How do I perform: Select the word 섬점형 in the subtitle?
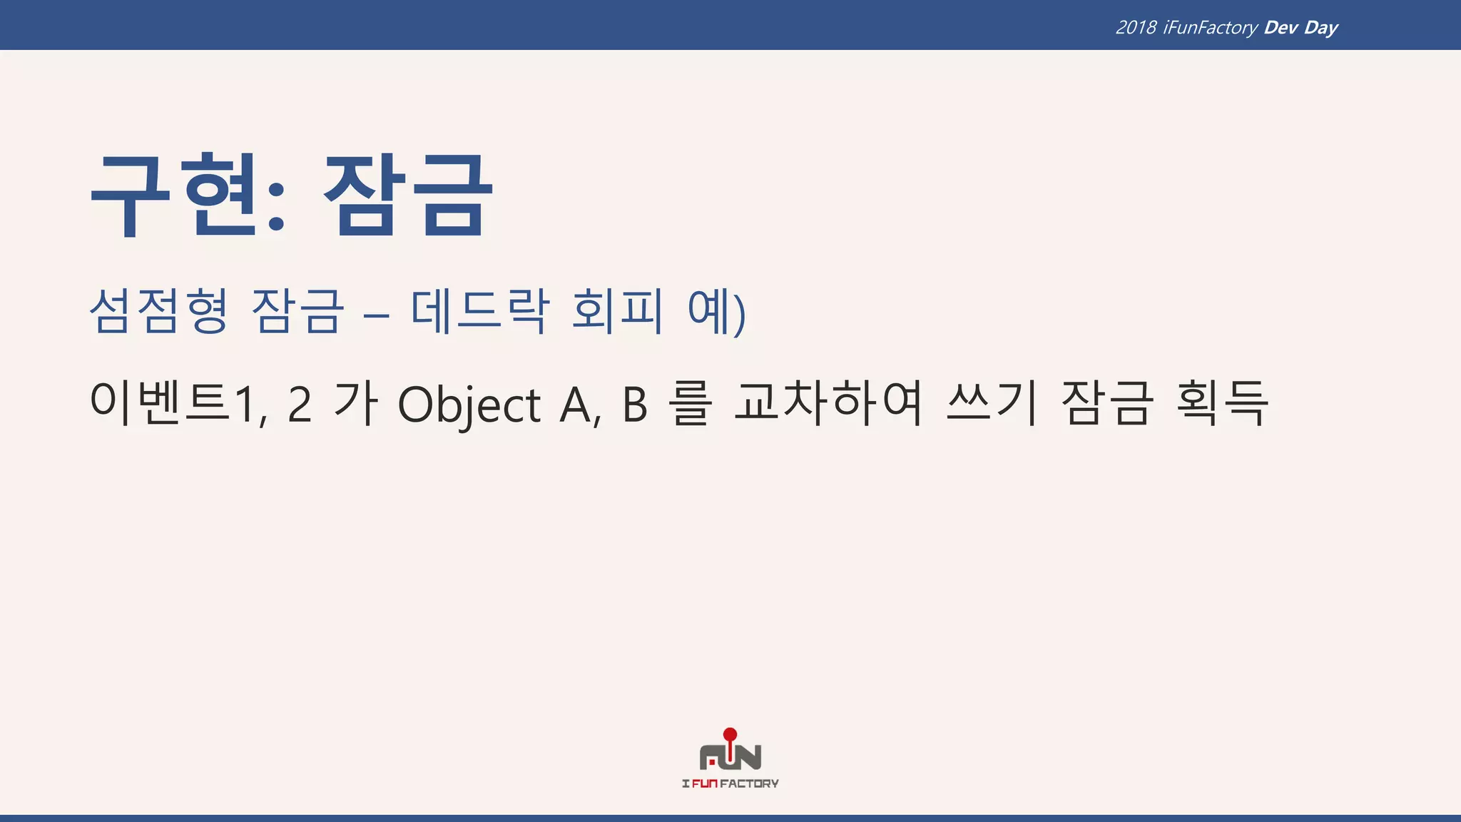click(158, 311)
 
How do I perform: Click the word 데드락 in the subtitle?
click(480, 311)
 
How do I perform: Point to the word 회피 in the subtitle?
click(617, 311)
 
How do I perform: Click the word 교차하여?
click(829, 404)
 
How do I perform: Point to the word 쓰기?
click(992, 404)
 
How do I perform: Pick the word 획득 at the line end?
click(1222, 404)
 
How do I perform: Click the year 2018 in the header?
click(1136, 27)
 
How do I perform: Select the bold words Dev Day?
click(1300, 27)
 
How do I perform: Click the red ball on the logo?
click(730, 734)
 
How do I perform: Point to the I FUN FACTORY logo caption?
click(730, 783)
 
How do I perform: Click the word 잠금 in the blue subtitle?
click(297, 311)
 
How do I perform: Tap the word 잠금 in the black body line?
click(1106, 404)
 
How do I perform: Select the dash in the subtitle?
click(377, 314)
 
